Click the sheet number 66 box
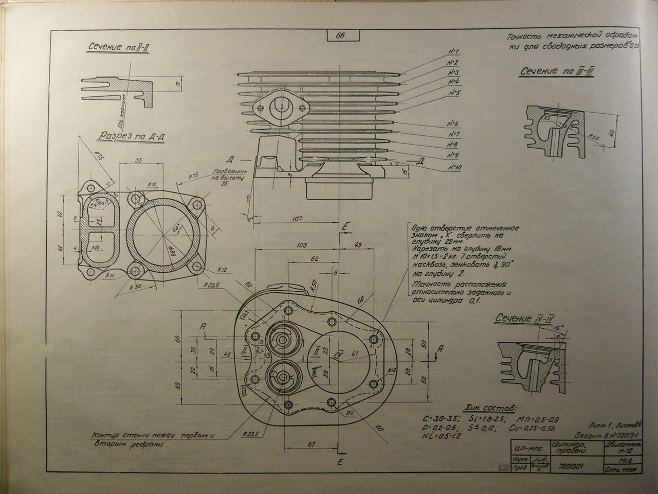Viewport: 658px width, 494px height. (340, 36)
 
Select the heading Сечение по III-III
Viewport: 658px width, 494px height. (558, 72)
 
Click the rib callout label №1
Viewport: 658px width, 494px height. (453, 51)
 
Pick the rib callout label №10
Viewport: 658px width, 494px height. (455, 168)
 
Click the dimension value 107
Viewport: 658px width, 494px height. (297, 218)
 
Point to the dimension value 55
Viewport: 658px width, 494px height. (138, 160)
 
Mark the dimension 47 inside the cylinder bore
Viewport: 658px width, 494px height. (354, 354)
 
